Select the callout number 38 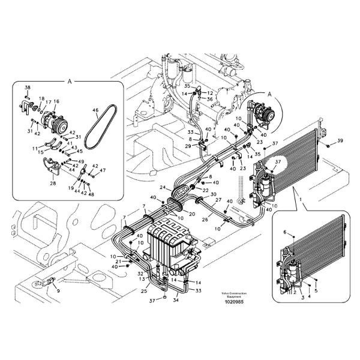click(x=27, y=88)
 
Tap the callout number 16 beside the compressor click(x=56, y=102)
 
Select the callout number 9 click(x=58, y=290)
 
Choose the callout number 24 click(x=162, y=188)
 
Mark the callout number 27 click(x=219, y=200)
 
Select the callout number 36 click(x=210, y=100)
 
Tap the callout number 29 click(x=187, y=146)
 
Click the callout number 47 click(x=103, y=170)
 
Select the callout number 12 click(x=211, y=93)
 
